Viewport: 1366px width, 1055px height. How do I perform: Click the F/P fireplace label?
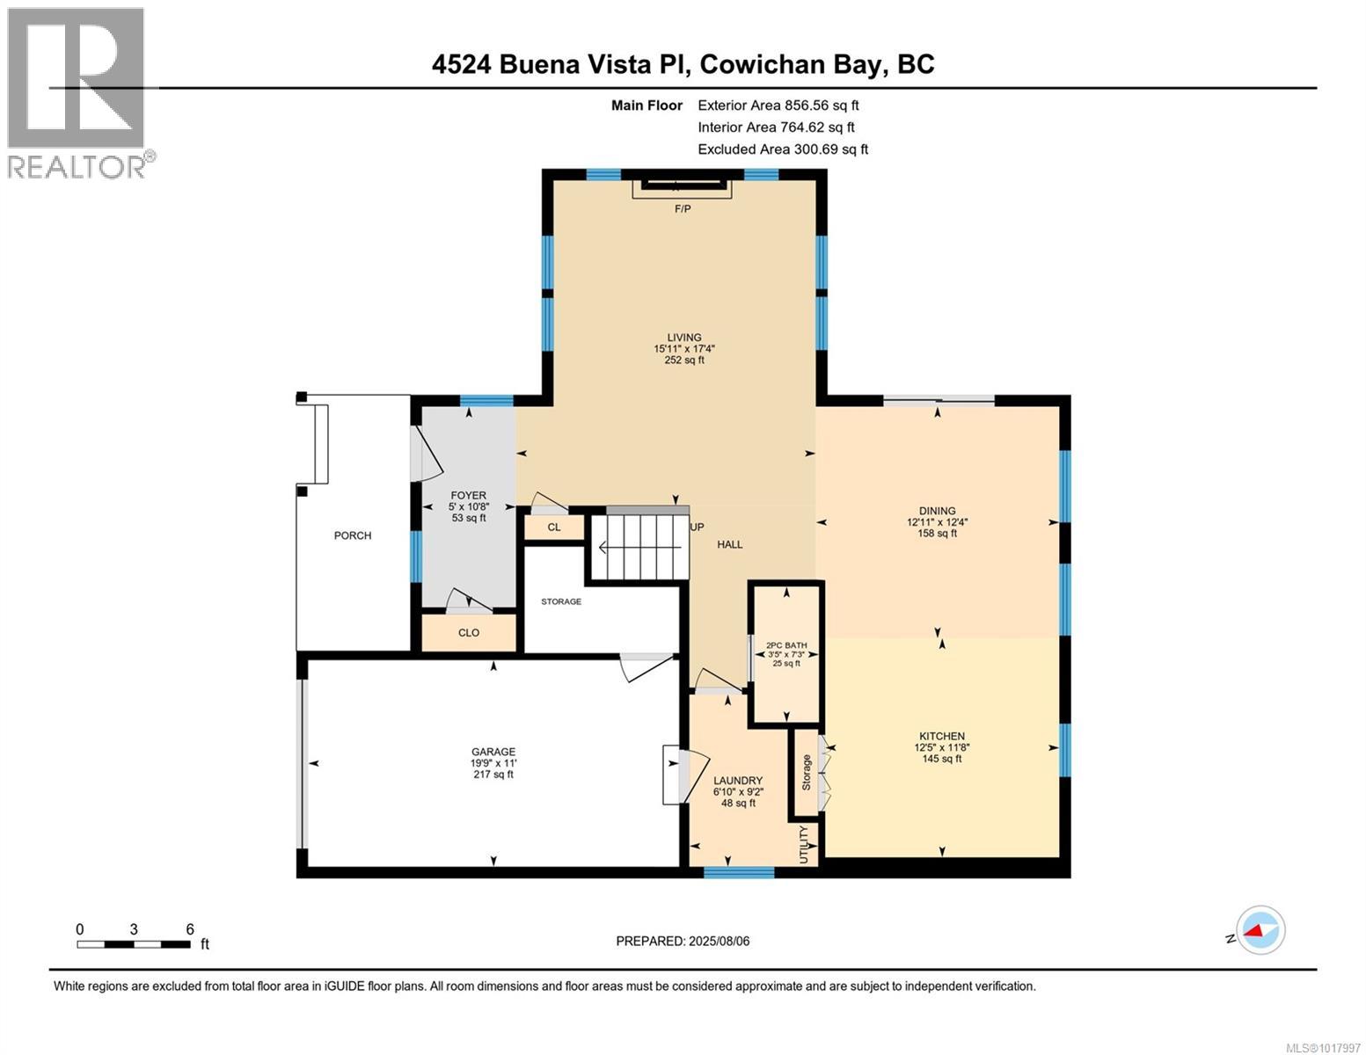coord(682,209)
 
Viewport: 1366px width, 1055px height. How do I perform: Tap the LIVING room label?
coord(683,338)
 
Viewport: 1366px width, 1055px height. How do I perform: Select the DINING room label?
coord(937,511)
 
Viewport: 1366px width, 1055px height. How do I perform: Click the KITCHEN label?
coord(942,736)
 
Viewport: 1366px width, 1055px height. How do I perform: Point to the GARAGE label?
coord(493,752)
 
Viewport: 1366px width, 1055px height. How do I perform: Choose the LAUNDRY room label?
coord(737,781)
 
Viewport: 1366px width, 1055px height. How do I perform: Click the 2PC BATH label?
coord(785,645)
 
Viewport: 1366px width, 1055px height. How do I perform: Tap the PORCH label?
coord(353,535)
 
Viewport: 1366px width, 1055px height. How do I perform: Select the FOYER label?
coord(468,496)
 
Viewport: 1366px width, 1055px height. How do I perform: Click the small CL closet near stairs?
coord(554,527)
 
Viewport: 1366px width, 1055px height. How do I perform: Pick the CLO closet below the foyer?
coord(469,633)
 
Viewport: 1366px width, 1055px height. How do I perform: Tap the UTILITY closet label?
coord(804,844)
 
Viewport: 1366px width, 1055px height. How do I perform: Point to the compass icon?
coord(1260,930)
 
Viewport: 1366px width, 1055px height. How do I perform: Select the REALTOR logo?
coord(79,92)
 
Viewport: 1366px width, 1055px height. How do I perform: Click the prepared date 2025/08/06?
coord(683,941)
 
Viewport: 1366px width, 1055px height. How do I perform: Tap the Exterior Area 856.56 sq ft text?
coord(778,105)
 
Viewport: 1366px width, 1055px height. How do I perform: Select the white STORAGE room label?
coord(560,601)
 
